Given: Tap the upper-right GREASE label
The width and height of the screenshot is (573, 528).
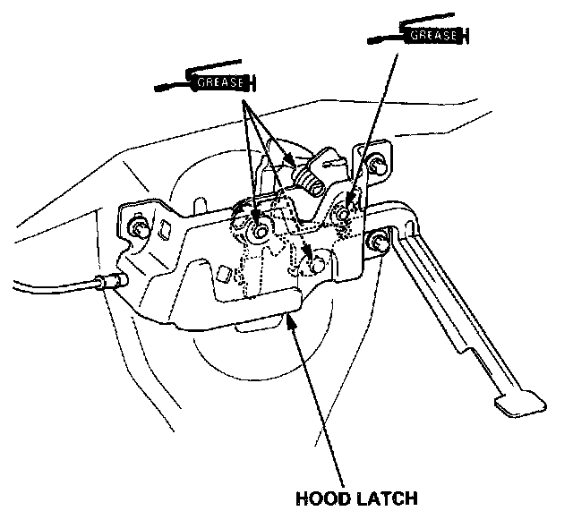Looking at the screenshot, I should (x=434, y=36).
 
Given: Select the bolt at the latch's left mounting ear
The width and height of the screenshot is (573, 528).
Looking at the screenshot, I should (x=138, y=227).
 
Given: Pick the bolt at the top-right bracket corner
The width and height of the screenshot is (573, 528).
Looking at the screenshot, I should (x=380, y=166).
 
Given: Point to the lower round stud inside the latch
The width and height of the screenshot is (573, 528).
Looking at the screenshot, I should (x=314, y=261).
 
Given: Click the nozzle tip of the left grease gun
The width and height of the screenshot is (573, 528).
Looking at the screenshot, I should (x=158, y=88).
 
